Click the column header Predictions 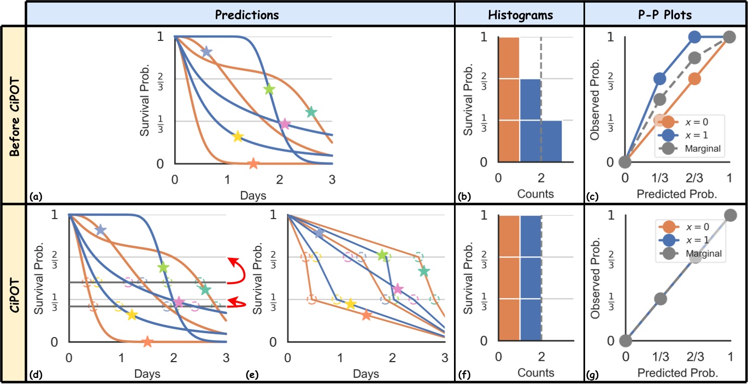click(x=246, y=15)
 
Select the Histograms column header click(x=519, y=15)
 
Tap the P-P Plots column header click(x=665, y=15)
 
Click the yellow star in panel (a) click(x=238, y=137)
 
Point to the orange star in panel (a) click(x=253, y=163)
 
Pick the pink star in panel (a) click(x=284, y=124)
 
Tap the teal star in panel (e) click(x=423, y=271)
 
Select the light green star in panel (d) click(x=163, y=268)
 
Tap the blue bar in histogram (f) click(x=530, y=278)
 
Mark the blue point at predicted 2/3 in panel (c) click(x=694, y=37)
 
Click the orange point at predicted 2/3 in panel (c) click(x=694, y=79)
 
